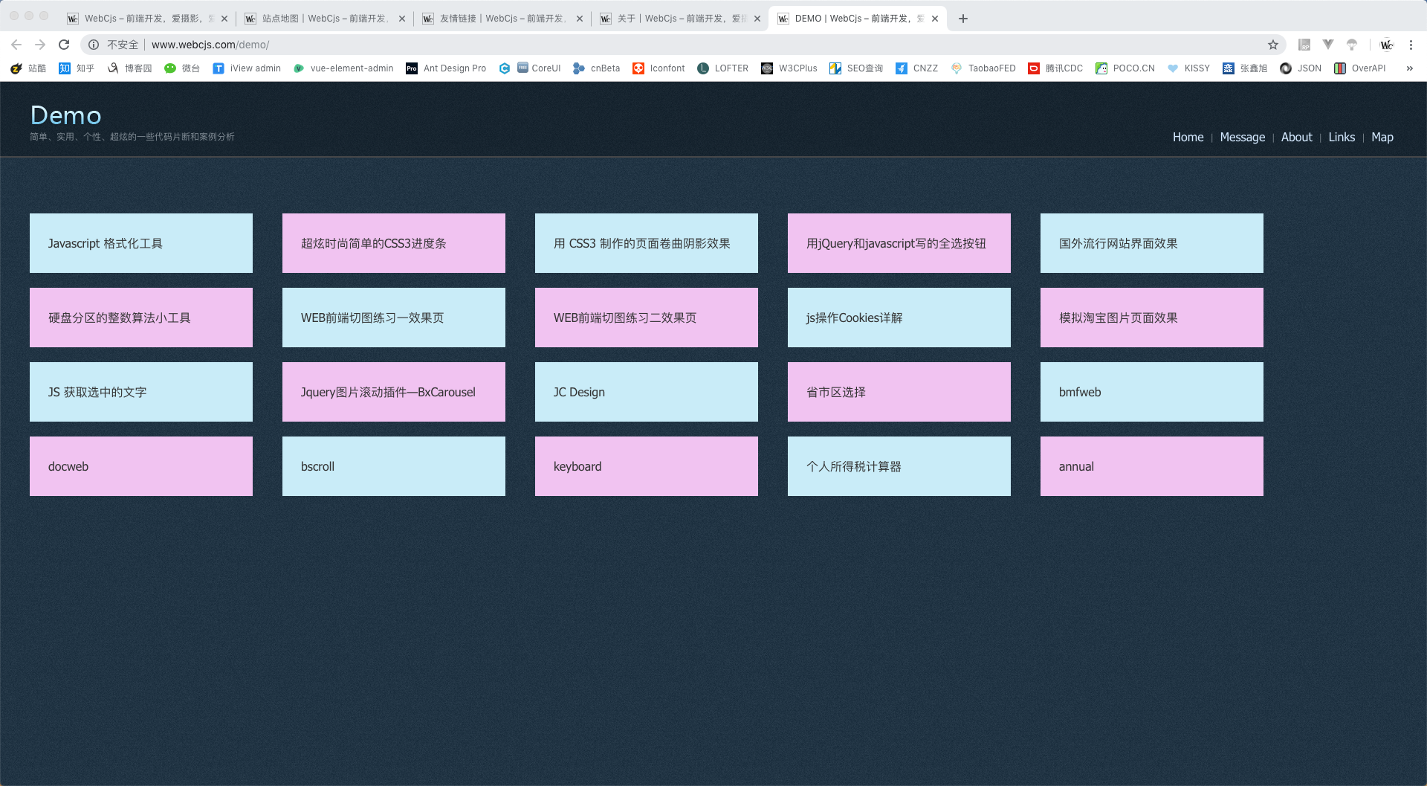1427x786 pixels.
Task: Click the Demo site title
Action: (x=65, y=115)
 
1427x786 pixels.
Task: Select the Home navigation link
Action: (x=1188, y=137)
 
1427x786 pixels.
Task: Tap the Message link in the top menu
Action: (x=1242, y=137)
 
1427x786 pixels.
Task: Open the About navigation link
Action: (x=1296, y=137)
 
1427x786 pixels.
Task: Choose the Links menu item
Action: (x=1342, y=137)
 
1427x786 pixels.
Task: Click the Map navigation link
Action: (x=1382, y=137)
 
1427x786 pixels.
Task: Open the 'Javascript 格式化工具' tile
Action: (x=141, y=243)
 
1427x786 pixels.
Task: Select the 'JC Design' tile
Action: (x=647, y=392)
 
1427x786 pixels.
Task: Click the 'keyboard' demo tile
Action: (x=647, y=466)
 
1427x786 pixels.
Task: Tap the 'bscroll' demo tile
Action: (x=394, y=466)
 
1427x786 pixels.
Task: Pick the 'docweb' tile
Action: (x=141, y=466)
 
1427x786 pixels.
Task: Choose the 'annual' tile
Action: (x=1152, y=466)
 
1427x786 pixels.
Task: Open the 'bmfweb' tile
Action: (x=1152, y=392)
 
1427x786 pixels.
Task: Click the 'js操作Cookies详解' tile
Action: (x=899, y=318)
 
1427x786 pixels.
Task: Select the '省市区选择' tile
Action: (x=899, y=392)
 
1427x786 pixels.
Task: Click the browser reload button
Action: (x=64, y=45)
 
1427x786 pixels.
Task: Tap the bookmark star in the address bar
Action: (x=1273, y=45)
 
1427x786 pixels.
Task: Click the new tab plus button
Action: (x=963, y=19)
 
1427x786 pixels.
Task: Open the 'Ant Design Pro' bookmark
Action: (x=446, y=68)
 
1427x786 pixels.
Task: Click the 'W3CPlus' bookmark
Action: (x=789, y=68)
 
